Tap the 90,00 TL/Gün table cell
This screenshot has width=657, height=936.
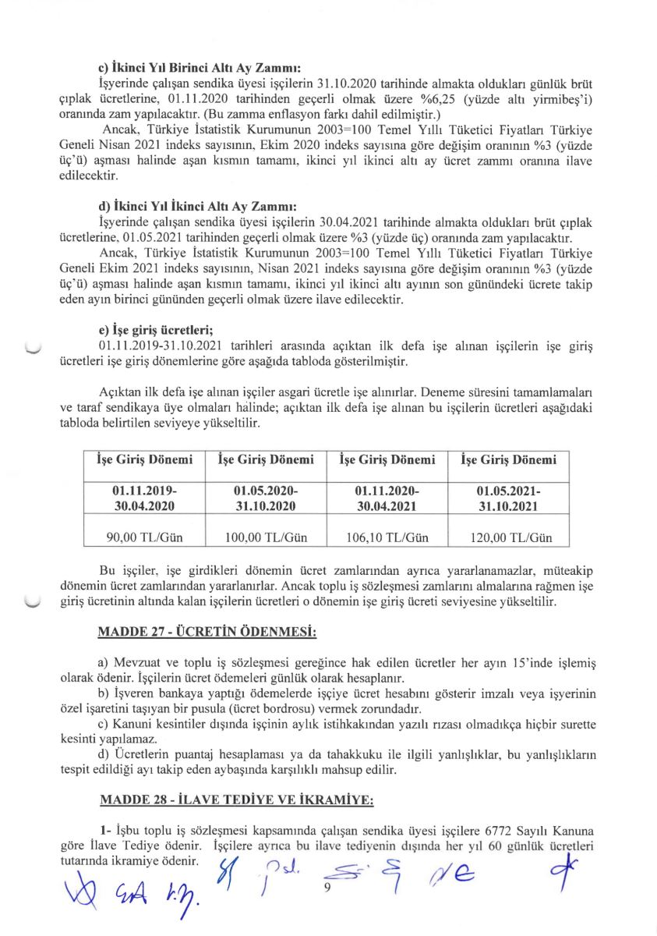click(x=144, y=537)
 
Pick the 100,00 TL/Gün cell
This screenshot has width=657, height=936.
click(x=266, y=537)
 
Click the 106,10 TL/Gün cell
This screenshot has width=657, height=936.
click(x=387, y=537)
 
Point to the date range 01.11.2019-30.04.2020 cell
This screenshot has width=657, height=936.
click(x=144, y=497)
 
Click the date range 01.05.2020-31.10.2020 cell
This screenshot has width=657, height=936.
click(x=266, y=497)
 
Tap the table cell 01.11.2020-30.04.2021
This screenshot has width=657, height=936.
click(x=387, y=497)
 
